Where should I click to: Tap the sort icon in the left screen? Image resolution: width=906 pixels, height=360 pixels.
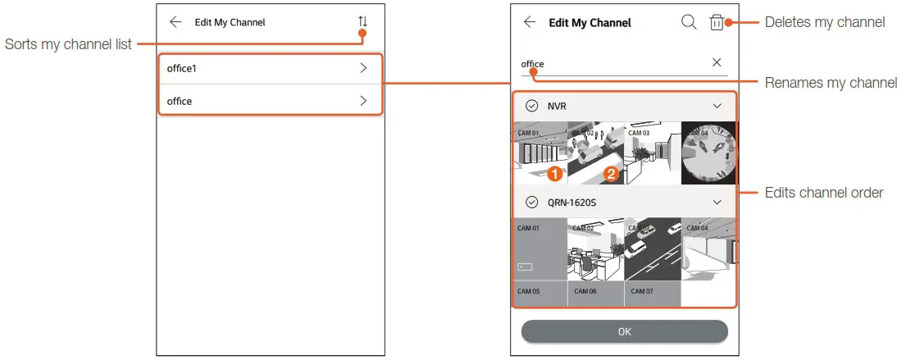click(362, 22)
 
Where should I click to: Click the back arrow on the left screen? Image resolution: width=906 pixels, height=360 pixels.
click(175, 22)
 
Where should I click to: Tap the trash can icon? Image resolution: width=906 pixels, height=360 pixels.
click(717, 22)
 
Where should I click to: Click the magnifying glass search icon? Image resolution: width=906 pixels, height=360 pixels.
click(689, 22)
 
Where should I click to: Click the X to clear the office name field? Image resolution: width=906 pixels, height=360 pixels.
click(717, 62)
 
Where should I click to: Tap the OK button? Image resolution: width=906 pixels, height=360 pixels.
click(625, 331)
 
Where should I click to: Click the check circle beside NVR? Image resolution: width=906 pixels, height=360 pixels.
click(531, 106)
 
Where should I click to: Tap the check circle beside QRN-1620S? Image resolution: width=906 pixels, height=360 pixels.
click(531, 202)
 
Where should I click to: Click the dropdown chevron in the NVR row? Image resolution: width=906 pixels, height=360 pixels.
click(717, 106)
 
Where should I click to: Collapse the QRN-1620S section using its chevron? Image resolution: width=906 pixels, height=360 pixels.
click(717, 202)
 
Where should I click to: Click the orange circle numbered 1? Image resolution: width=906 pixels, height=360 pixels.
click(554, 174)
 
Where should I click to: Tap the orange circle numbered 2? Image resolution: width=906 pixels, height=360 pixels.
click(610, 174)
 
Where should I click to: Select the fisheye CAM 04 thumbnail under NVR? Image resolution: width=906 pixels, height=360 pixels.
click(709, 153)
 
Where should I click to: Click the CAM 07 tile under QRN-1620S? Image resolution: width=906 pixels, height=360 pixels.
click(652, 293)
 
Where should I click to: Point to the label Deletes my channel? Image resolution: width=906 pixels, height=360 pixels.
click(824, 22)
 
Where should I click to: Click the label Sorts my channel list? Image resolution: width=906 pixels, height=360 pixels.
click(68, 43)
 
